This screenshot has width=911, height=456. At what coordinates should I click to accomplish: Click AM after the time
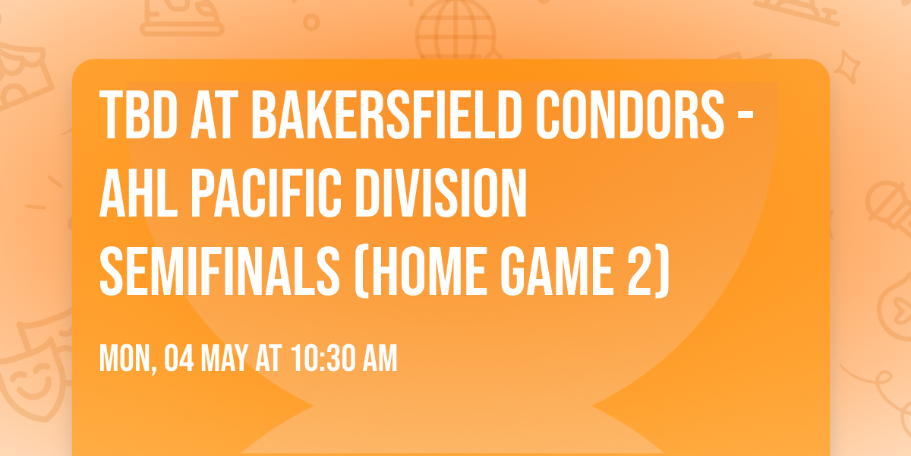click(x=378, y=358)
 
